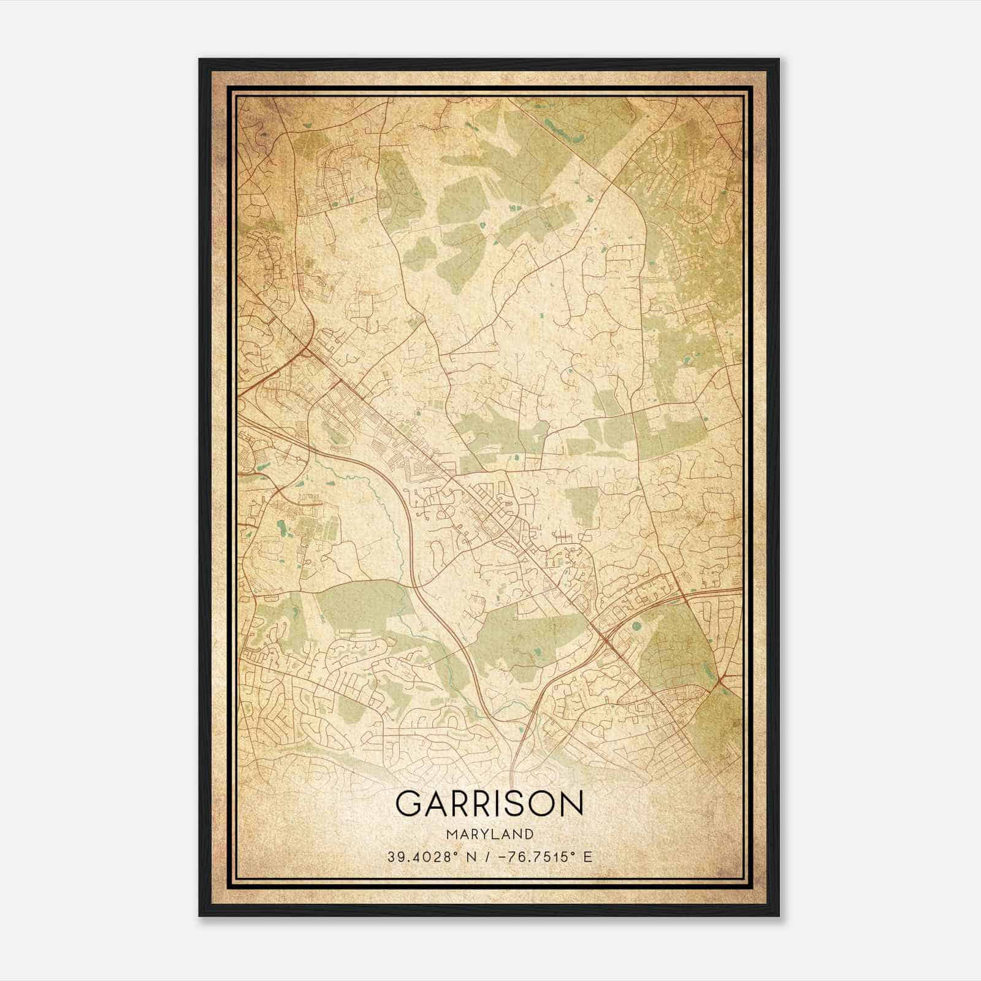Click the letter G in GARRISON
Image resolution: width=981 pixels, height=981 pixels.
410,804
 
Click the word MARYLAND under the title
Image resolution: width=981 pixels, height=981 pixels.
490,834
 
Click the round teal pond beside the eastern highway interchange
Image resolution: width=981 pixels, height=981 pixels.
636,627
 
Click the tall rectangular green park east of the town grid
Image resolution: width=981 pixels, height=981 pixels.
581,507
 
